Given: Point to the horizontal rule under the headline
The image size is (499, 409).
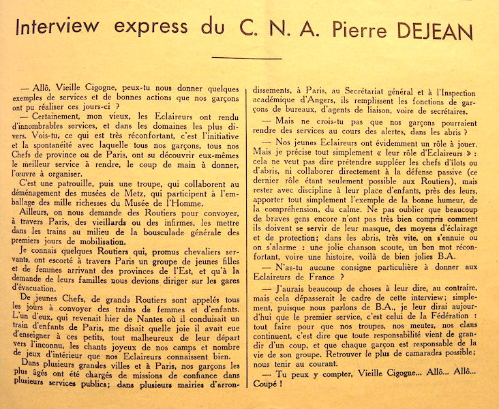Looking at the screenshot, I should coord(246,58).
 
